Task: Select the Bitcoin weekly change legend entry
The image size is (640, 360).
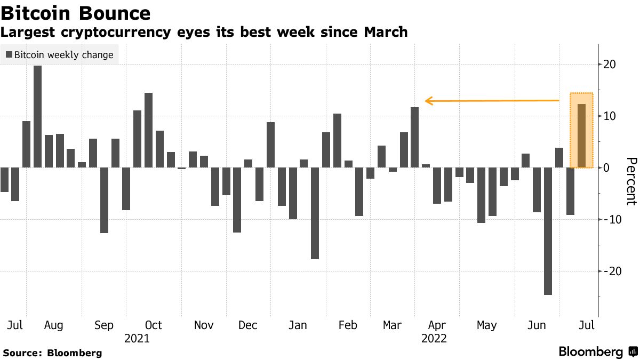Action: (60, 55)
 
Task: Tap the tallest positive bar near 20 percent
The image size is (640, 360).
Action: (37, 116)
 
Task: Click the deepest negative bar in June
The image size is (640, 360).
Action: (548, 231)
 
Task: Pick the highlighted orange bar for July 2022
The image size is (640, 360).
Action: (581, 136)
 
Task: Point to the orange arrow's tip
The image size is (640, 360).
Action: (426, 100)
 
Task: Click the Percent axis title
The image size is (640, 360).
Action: (631, 181)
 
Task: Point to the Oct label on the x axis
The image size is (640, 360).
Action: (154, 325)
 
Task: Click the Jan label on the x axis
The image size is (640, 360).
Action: (298, 325)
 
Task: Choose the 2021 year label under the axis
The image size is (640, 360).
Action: (137, 339)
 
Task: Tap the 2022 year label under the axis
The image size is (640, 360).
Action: (434, 339)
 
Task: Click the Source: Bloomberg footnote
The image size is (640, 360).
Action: (52, 353)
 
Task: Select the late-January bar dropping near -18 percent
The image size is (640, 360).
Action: (315, 213)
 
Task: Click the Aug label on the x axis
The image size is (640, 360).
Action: (54, 325)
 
